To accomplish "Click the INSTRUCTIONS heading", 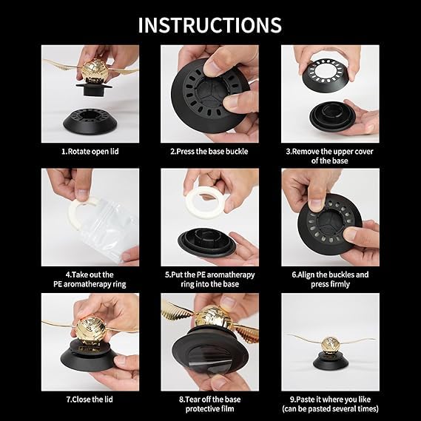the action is (x=209, y=25).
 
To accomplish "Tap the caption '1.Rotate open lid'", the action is (x=90, y=152).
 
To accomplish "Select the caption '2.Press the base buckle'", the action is (x=209, y=152).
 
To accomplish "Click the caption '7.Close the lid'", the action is (x=90, y=400).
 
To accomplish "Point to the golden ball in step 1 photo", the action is (x=93, y=70).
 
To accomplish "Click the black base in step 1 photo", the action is (x=90, y=121).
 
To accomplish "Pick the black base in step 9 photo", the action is (x=331, y=361).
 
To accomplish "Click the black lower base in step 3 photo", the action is (x=332, y=115).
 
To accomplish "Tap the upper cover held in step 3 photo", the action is (x=326, y=75).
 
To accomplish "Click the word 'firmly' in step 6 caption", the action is (x=340, y=284).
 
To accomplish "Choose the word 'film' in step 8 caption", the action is (x=228, y=408).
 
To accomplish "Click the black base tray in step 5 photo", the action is (x=206, y=241).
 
